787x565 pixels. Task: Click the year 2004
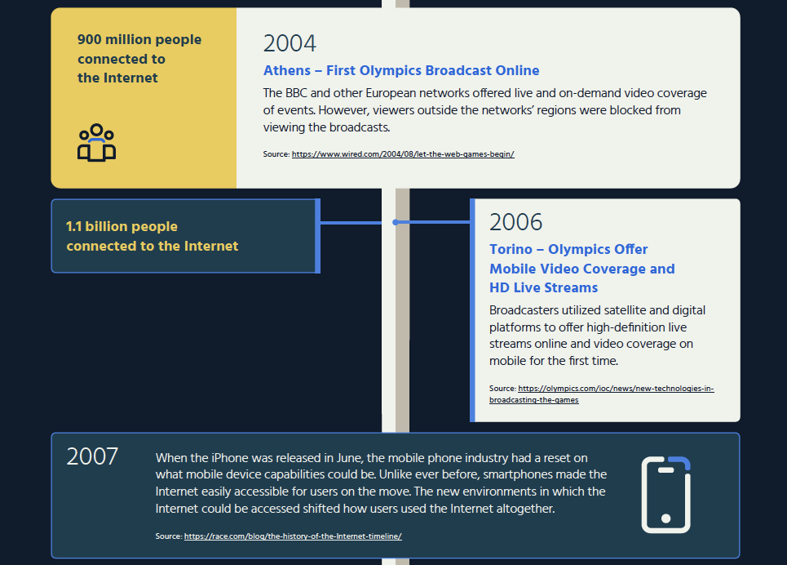click(290, 43)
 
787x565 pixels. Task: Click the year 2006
click(516, 222)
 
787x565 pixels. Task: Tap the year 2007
click(92, 456)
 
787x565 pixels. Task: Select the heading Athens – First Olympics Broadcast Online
click(401, 70)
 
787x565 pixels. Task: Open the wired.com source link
click(403, 154)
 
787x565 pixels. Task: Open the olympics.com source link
click(601, 394)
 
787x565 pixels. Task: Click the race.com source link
click(293, 536)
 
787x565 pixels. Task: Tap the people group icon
click(96, 143)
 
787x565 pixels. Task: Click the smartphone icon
click(666, 495)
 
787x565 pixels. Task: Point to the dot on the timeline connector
click(396, 222)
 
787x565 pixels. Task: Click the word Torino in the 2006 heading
click(511, 249)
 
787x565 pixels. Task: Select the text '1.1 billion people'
click(122, 227)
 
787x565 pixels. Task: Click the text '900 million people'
click(139, 40)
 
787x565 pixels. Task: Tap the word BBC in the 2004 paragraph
click(296, 93)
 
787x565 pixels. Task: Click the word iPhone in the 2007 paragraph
click(230, 458)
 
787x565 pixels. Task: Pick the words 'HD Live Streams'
click(544, 287)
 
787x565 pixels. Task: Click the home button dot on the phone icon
click(666, 518)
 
